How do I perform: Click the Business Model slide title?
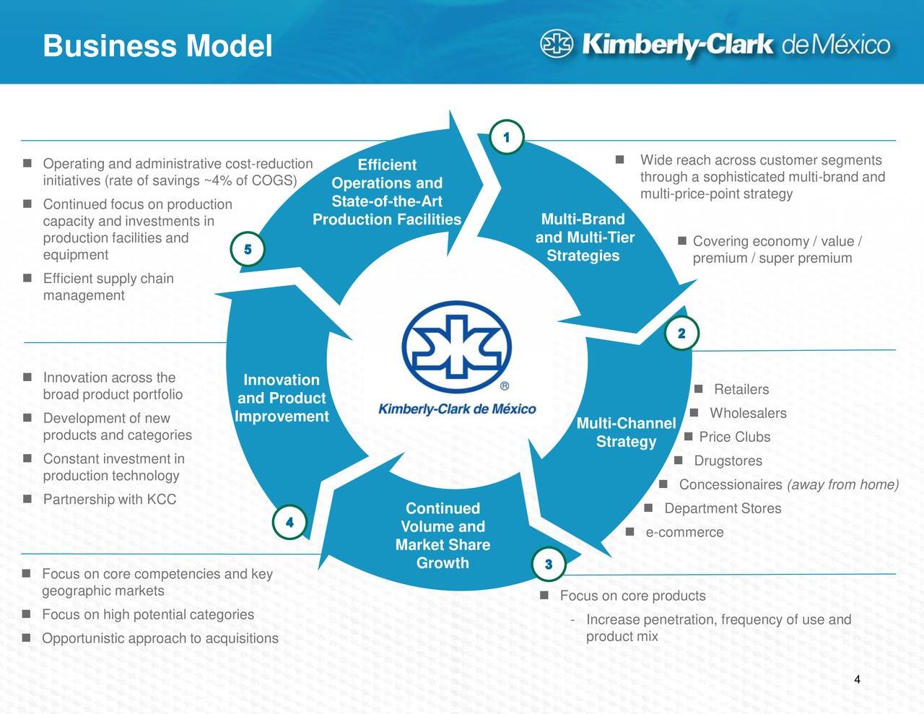point(157,46)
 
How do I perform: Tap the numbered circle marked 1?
point(507,137)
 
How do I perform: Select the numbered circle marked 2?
point(681,333)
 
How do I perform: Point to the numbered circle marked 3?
point(549,564)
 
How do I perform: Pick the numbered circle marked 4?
point(289,522)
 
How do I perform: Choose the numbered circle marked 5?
point(248,250)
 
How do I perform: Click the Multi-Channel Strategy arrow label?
point(626,432)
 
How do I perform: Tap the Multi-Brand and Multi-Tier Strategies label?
point(584,238)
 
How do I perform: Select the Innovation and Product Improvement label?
point(282,398)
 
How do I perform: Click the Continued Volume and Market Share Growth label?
point(443,536)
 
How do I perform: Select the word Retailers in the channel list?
point(741,390)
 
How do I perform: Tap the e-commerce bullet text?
point(684,533)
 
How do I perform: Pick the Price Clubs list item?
point(734,437)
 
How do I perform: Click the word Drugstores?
point(728,461)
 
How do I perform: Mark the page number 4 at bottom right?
point(857,679)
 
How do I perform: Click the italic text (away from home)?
point(842,485)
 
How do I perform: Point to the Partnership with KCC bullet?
point(109,500)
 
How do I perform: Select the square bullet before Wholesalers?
point(694,413)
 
